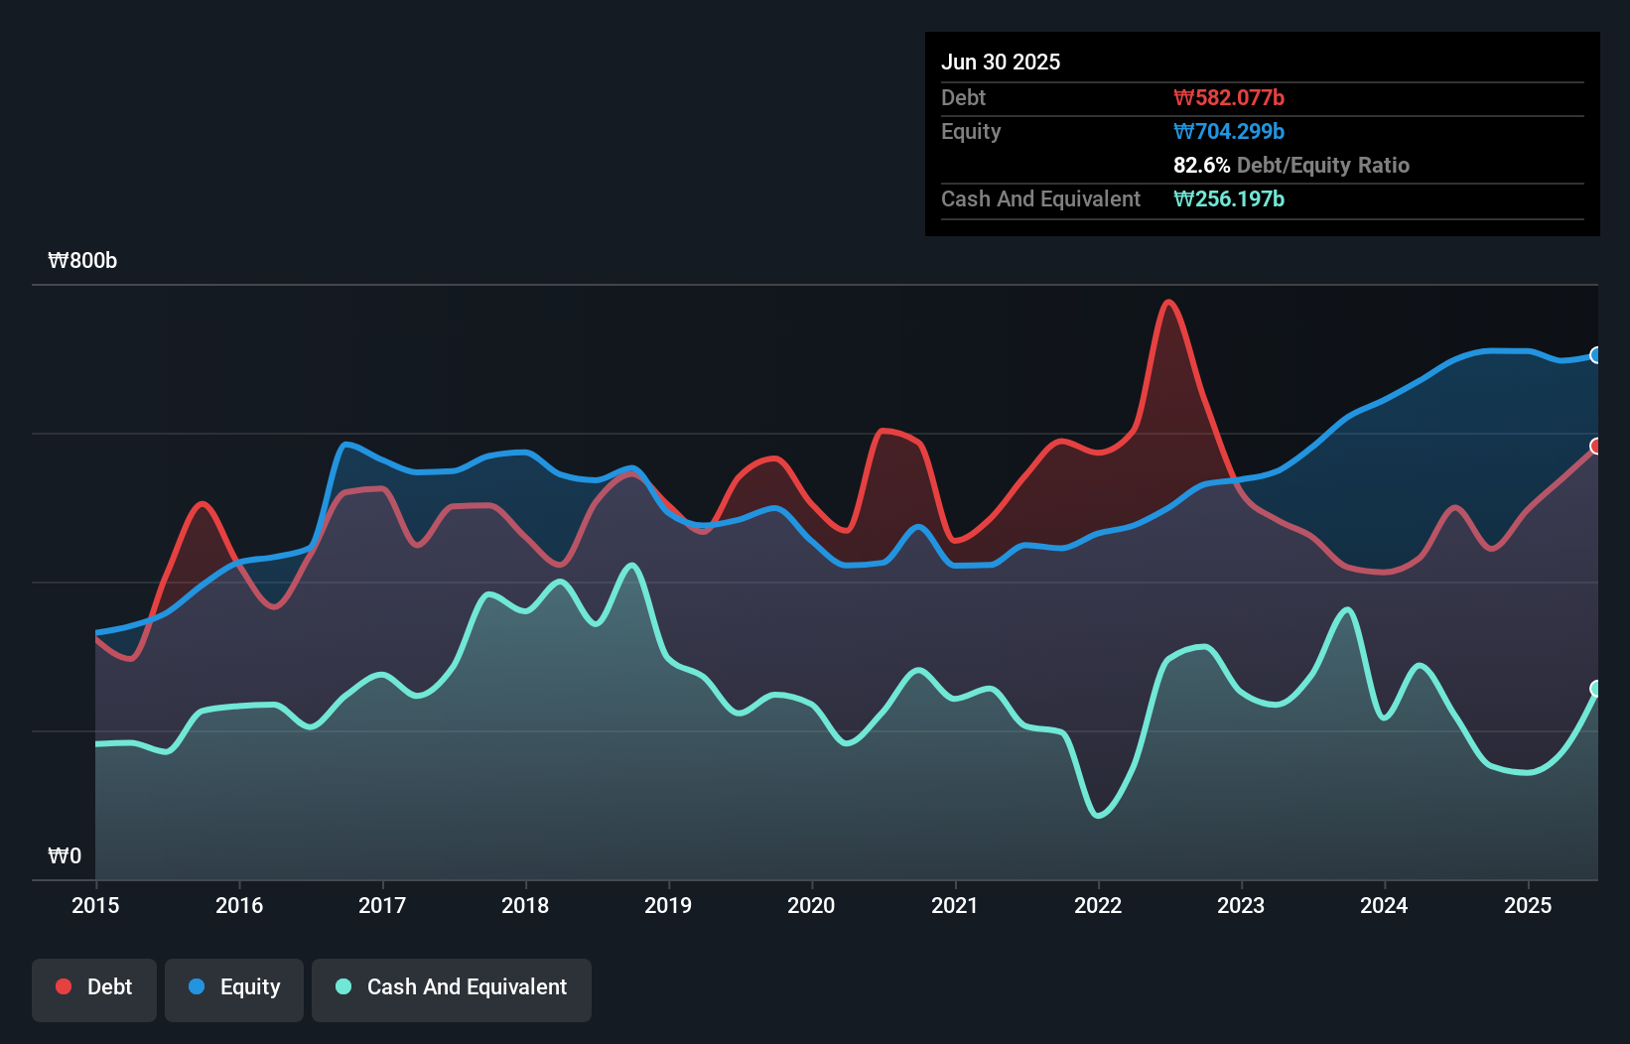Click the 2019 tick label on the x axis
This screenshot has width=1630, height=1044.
pyautogui.click(x=668, y=905)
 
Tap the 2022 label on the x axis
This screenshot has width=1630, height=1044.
pyautogui.click(x=1098, y=905)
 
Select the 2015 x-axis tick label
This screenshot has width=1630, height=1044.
pyautogui.click(x=95, y=905)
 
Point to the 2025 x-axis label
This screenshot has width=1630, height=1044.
pyautogui.click(x=1527, y=905)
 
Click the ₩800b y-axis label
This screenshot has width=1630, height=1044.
pyautogui.click(x=82, y=261)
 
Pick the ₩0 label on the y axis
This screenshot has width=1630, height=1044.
pyautogui.click(x=65, y=855)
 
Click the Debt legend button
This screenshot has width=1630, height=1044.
pyautogui.click(x=94, y=987)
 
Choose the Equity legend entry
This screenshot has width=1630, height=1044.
pyautogui.click(x=234, y=987)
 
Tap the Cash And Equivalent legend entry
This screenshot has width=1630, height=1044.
pyautogui.click(x=452, y=987)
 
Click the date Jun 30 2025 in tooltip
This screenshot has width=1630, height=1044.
pyautogui.click(x=1001, y=62)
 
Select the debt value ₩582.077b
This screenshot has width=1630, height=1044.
pyautogui.click(x=1229, y=97)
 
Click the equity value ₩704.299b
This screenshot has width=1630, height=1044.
pyautogui.click(x=1229, y=131)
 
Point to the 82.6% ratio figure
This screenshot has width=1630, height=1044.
pyautogui.click(x=1201, y=165)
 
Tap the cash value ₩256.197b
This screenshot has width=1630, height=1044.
pyautogui.click(x=1229, y=198)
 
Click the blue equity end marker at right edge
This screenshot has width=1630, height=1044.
pyautogui.click(x=1596, y=355)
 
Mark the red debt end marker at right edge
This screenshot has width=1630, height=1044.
pyautogui.click(x=1596, y=447)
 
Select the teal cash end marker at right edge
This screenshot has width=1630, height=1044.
pyautogui.click(x=1596, y=689)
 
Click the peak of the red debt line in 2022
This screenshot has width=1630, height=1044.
pyautogui.click(x=1169, y=302)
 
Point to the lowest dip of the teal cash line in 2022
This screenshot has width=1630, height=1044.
pyautogui.click(x=1098, y=816)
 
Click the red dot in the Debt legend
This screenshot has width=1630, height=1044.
pyautogui.click(x=64, y=986)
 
